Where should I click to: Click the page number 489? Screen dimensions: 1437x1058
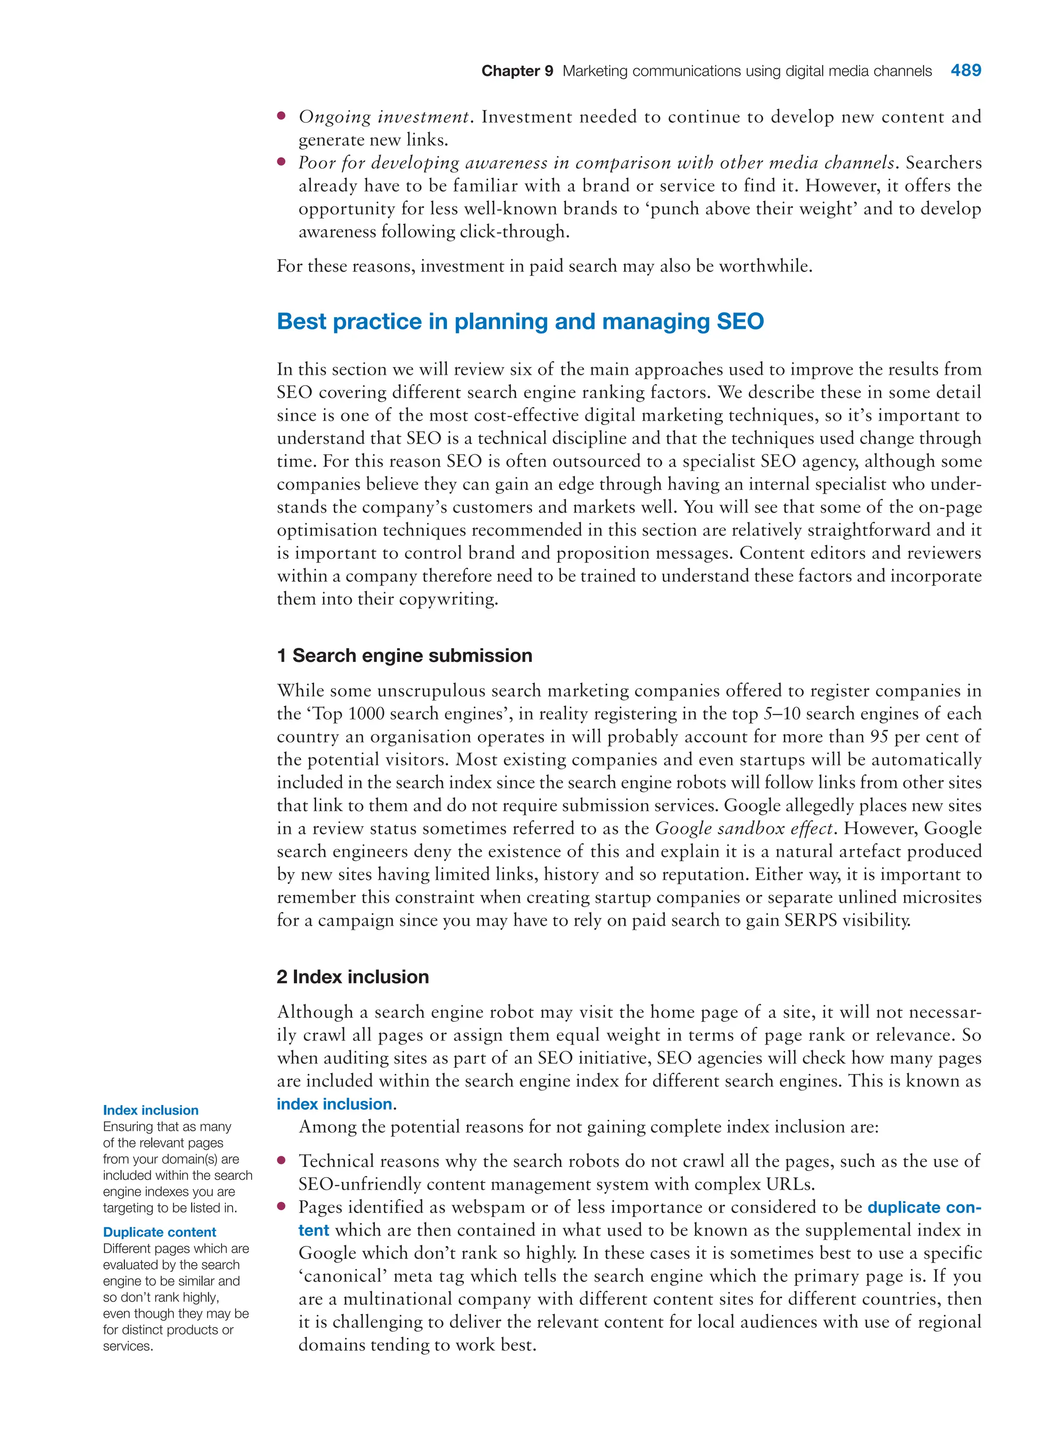[x=965, y=70]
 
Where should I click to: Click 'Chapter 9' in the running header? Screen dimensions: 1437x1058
[x=517, y=71]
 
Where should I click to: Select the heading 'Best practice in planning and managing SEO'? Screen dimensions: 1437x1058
[x=520, y=321]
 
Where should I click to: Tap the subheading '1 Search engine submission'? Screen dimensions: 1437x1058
[x=404, y=655]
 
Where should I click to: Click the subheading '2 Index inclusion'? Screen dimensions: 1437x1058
[x=352, y=977]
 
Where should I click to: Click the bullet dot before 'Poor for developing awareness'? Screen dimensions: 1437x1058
[x=281, y=162]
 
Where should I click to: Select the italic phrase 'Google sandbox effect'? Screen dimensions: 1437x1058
[x=744, y=828]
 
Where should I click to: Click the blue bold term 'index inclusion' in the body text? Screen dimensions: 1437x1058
[x=334, y=1103]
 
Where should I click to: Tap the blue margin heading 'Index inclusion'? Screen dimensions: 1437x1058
[x=150, y=1110]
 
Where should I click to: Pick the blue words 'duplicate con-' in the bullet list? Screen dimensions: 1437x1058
[x=924, y=1207]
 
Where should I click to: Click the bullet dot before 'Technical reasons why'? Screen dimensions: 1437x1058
[x=281, y=1160]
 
